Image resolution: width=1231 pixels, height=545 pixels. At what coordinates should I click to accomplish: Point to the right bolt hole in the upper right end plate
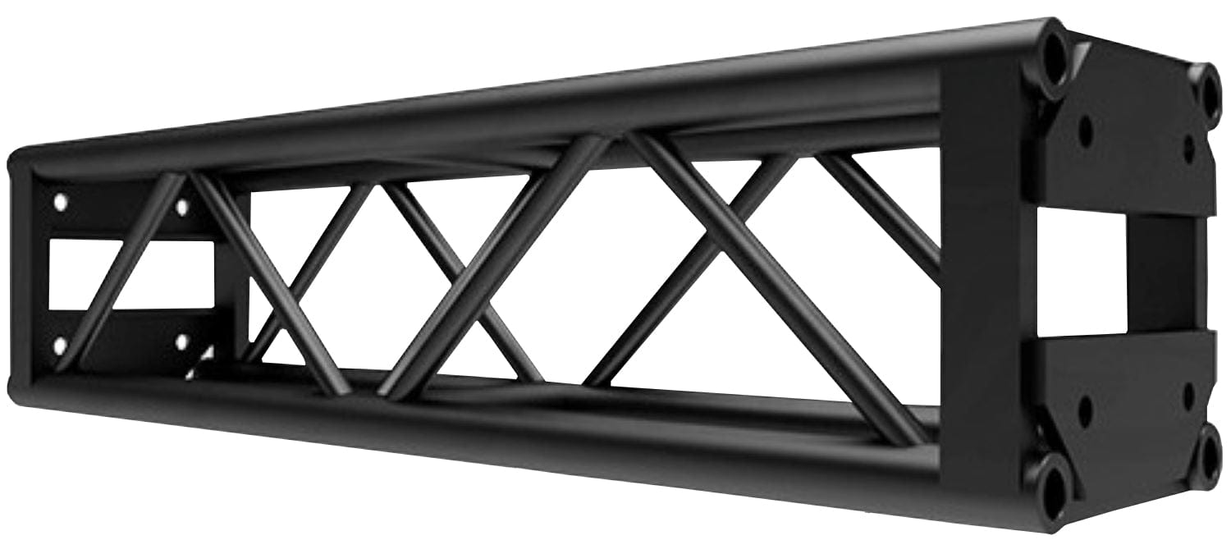[1189, 147]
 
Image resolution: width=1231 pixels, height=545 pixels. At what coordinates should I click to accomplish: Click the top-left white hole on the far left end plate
[60, 199]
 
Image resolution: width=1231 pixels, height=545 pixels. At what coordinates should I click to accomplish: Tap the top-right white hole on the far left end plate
[181, 207]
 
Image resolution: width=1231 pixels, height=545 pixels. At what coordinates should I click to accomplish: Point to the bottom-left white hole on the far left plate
[60, 346]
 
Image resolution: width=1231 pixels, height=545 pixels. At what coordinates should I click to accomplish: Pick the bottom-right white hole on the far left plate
[181, 339]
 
